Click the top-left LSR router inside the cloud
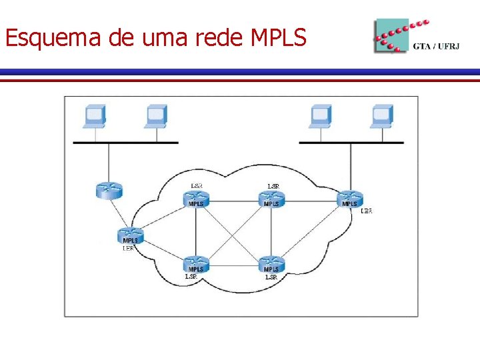[196, 199]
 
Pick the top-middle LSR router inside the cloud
[271, 199]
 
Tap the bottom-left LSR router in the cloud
[195, 264]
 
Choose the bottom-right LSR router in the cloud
[271, 264]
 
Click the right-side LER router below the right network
[349, 199]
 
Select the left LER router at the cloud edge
[130, 236]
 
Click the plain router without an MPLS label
[109, 189]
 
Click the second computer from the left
[156, 117]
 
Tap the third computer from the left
[320, 117]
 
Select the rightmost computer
[382, 117]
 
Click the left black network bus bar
[125, 143]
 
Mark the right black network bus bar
[351, 143]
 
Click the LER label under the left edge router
[128, 248]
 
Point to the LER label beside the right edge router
[366, 211]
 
